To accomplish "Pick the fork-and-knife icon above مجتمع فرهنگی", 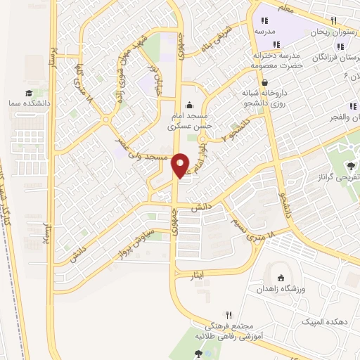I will [x=228, y=315].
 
